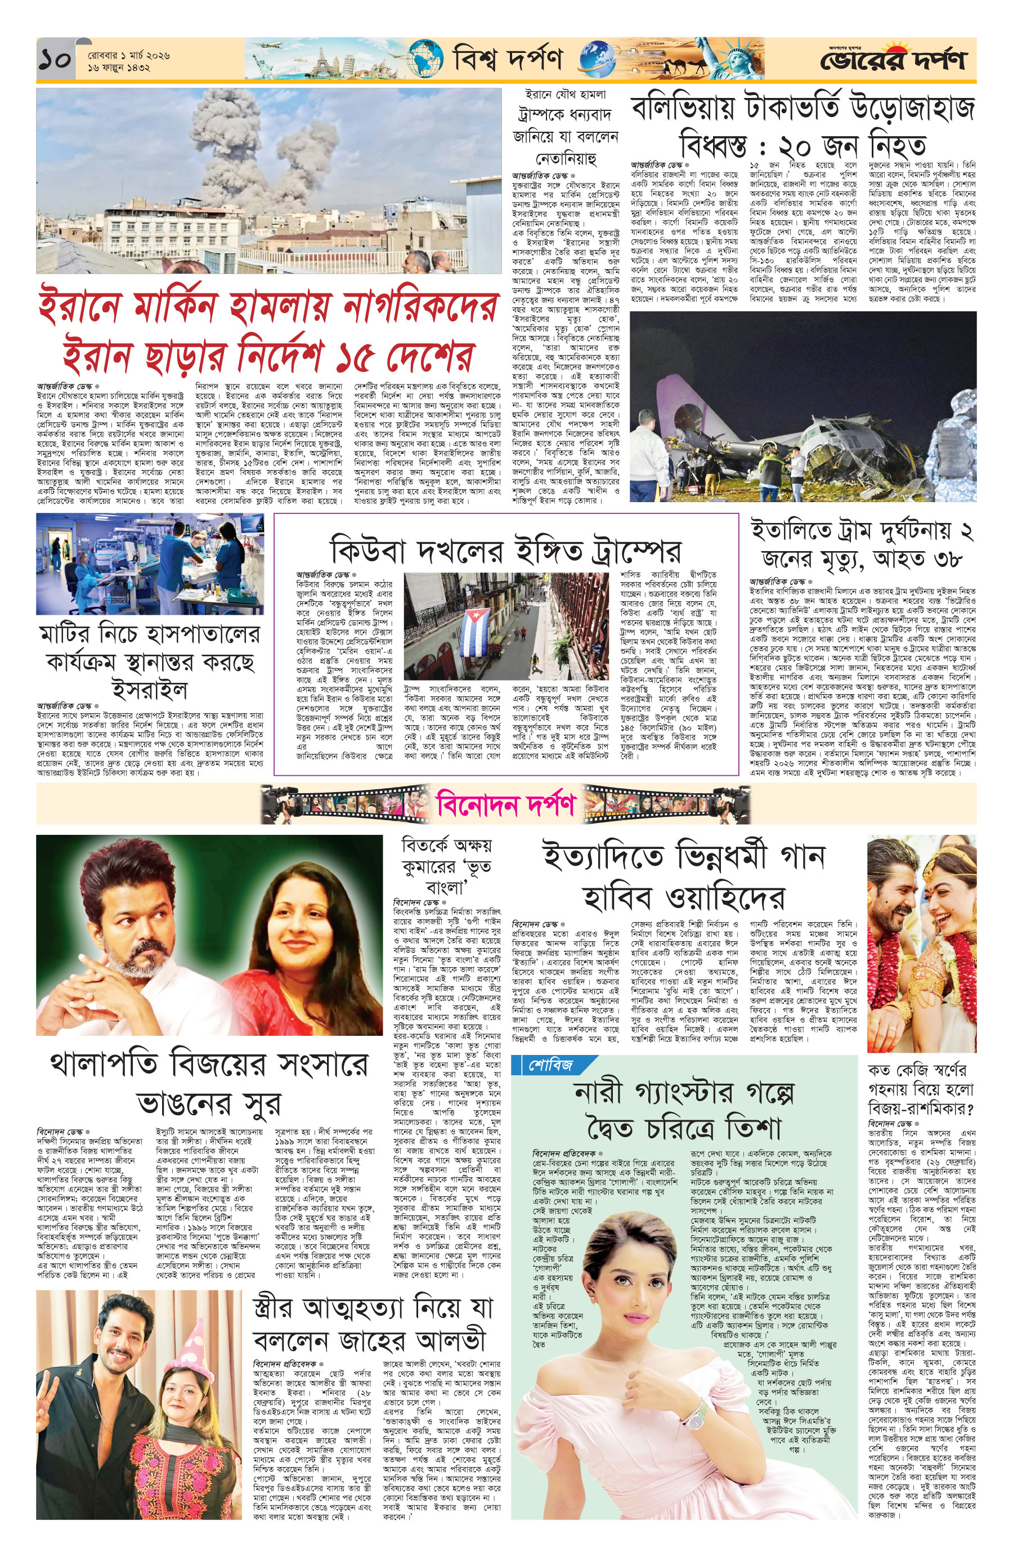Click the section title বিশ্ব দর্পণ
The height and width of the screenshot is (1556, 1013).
tap(507, 60)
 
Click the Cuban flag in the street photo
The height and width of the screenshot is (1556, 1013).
tap(476, 627)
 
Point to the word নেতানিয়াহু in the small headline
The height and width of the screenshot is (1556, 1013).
tap(563, 158)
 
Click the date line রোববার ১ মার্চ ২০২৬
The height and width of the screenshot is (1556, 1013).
tap(129, 56)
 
